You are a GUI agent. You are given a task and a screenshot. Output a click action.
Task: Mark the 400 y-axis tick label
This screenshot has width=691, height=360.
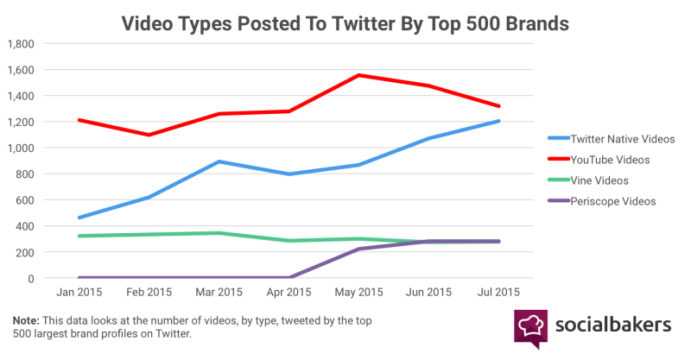pyautogui.click(x=25, y=226)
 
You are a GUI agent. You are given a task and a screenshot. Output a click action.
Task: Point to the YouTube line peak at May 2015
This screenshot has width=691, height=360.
pyautogui.click(x=359, y=75)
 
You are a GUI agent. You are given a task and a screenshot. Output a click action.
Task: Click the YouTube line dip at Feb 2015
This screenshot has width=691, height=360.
pyautogui.click(x=149, y=135)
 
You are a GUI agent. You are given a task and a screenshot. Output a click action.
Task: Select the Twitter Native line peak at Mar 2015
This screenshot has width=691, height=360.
pyautogui.click(x=219, y=161)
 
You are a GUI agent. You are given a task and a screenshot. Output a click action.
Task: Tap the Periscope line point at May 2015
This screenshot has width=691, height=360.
pyautogui.click(x=359, y=249)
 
